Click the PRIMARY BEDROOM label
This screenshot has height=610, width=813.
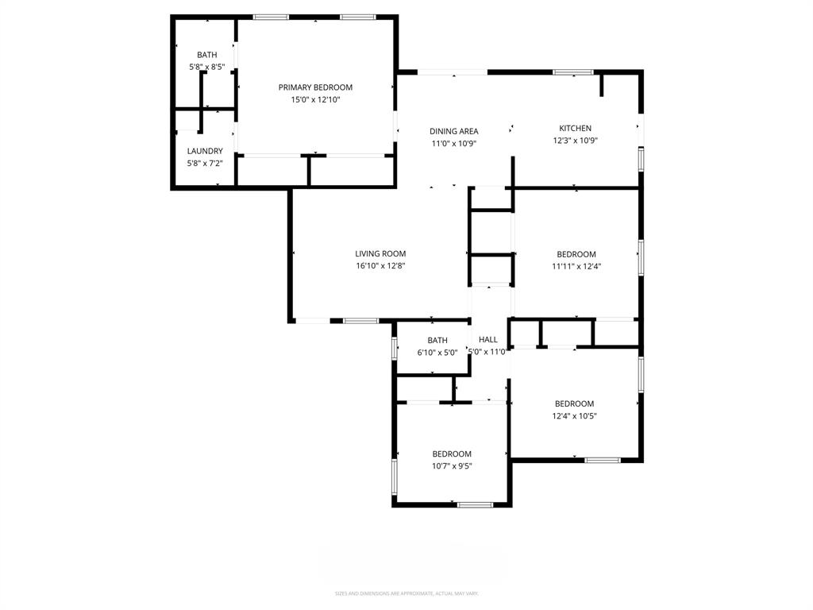pyautogui.click(x=315, y=87)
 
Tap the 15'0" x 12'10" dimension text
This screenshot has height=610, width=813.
pyautogui.click(x=315, y=100)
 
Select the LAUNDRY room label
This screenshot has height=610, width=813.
pyautogui.click(x=205, y=151)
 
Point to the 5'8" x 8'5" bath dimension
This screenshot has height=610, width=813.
pyautogui.click(x=206, y=68)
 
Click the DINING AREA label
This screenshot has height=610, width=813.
pyautogui.click(x=453, y=131)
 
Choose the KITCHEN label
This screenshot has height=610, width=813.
pyautogui.click(x=575, y=128)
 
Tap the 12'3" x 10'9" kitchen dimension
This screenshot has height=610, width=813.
pyautogui.click(x=575, y=141)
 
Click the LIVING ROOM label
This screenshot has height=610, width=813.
pyautogui.click(x=381, y=254)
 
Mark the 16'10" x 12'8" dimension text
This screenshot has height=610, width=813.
pyautogui.click(x=381, y=266)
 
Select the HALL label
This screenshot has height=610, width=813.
pyautogui.click(x=487, y=340)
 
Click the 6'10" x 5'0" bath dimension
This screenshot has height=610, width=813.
pyautogui.click(x=437, y=353)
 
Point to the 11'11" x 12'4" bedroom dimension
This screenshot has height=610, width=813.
pyautogui.click(x=576, y=267)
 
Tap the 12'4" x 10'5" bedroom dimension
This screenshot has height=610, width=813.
pyautogui.click(x=574, y=416)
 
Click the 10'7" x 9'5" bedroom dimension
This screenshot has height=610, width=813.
pyautogui.click(x=452, y=466)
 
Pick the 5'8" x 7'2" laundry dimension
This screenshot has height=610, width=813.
pyautogui.click(x=205, y=164)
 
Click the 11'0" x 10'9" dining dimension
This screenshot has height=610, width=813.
pyautogui.click(x=453, y=144)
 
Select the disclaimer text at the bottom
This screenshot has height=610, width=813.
pyautogui.click(x=406, y=593)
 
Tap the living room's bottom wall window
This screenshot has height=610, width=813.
pyautogui.click(x=361, y=321)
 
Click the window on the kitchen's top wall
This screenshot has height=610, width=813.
pyautogui.click(x=572, y=72)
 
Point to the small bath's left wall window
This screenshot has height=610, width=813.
pyautogui.click(x=395, y=348)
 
